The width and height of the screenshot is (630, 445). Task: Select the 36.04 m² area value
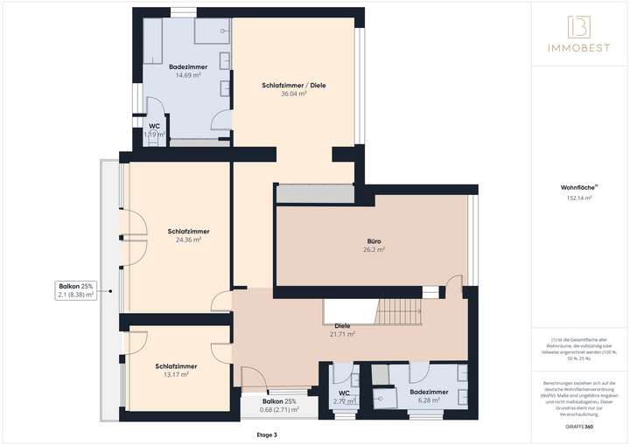tap(294, 94)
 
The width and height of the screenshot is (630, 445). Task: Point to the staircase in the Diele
tap(398, 311)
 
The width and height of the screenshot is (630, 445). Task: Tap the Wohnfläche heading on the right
tap(578, 187)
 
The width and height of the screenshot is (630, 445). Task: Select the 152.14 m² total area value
tap(578, 198)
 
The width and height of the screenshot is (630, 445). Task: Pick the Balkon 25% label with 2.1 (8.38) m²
tap(76, 290)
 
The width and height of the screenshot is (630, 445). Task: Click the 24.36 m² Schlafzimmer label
tap(188, 235)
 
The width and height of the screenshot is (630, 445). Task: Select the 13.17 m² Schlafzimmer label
tap(176, 370)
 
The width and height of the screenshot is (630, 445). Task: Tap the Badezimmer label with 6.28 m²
tap(429, 396)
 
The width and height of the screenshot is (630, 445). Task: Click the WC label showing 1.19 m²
tap(154, 130)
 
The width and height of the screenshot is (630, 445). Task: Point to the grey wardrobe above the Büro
tap(315, 193)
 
